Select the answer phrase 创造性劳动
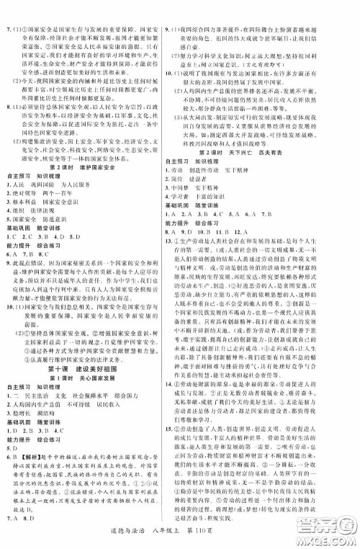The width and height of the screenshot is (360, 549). [228, 184]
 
